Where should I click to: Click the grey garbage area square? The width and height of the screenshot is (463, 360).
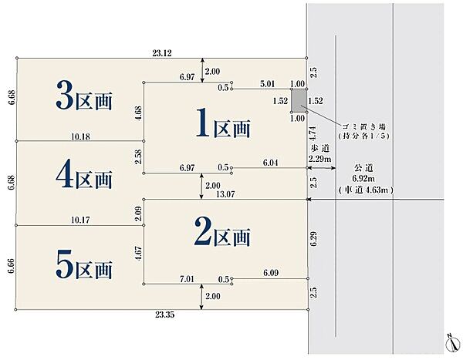(x=298, y=100)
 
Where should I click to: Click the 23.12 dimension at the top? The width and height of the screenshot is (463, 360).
(x=163, y=53)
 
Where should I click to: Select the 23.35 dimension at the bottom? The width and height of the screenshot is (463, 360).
(x=163, y=316)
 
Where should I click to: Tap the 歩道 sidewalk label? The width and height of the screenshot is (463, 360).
(x=320, y=148)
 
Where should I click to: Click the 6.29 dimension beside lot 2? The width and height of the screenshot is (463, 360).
(x=313, y=239)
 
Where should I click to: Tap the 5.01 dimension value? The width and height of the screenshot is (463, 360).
(x=269, y=83)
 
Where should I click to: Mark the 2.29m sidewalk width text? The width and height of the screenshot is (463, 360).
(x=320, y=159)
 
